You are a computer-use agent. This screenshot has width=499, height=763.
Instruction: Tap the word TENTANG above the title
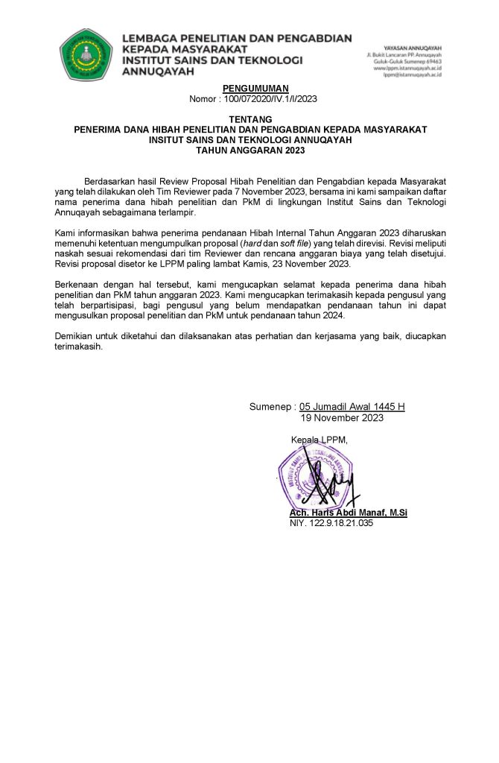click(x=249, y=119)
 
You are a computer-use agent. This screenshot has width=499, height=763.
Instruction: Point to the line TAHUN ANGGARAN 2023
click(x=249, y=150)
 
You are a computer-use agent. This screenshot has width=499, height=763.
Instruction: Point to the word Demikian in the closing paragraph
click(x=78, y=336)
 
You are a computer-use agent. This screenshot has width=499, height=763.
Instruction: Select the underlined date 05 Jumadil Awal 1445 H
click(x=352, y=407)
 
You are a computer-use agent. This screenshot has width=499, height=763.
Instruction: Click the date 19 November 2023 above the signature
click(x=342, y=418)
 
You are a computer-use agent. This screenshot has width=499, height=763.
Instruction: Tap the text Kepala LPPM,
click(x=319, y=440)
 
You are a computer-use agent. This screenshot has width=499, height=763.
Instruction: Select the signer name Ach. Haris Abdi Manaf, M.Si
click(x=348, y=513)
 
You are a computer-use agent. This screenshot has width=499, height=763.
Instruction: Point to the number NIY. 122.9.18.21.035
click(x=331, y=523)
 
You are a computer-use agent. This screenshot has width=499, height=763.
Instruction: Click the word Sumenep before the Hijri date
click(x=270, y=407)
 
